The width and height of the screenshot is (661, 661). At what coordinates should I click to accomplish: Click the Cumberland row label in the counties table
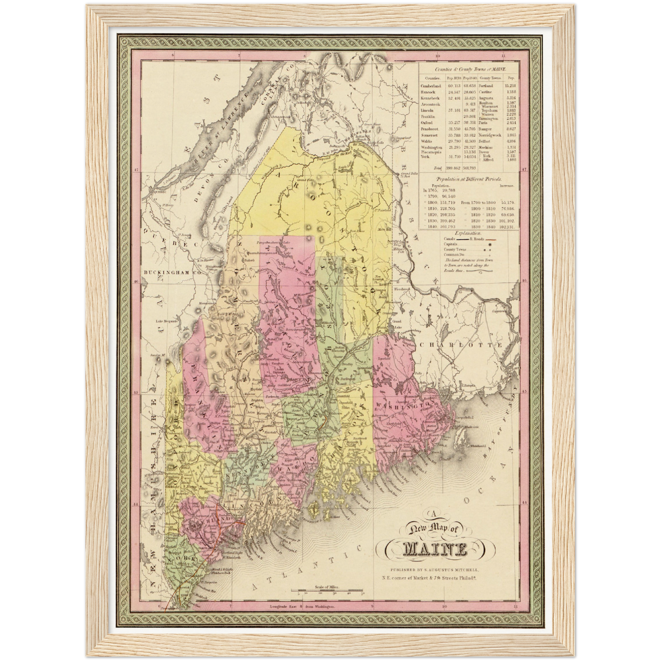tap(431, 86)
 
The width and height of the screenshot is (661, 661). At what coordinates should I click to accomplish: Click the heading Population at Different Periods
tap(468, 179)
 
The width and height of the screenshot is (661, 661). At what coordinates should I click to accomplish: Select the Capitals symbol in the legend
tap(490, 245)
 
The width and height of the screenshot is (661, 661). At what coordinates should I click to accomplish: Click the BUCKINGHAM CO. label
tap(167, 272)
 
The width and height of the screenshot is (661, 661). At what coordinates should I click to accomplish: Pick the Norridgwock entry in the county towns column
tap(491, 135)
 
